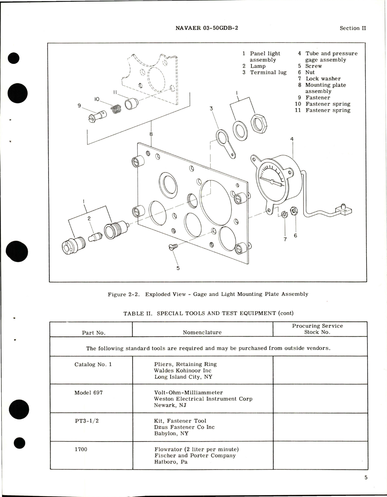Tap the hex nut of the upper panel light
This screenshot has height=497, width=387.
(x=259, y=123)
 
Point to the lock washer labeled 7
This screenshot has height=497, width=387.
(x=284, y=214)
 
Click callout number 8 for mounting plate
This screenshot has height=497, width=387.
(x=151, y=134)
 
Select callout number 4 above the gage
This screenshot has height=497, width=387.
(x=292, y=139)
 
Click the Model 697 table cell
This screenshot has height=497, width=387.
(x=88, y=393)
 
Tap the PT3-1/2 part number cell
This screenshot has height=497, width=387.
(x=87, y=421)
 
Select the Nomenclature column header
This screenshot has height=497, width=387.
(x=202, y=332)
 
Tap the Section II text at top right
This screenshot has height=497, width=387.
(x=353, y=28)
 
